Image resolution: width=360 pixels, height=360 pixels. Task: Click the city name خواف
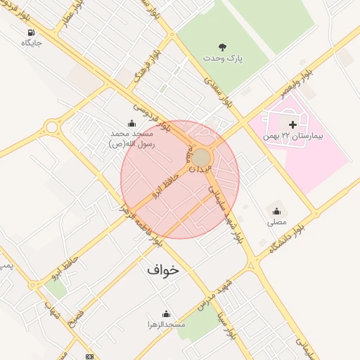tap(163, 269)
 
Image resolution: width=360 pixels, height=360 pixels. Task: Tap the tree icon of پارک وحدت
tap(223, 47)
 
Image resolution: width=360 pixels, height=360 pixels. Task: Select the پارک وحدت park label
tap(223, 58)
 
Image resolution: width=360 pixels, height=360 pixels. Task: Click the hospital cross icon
tap(292, 124)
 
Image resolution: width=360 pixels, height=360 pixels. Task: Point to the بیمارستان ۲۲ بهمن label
tap(292, 134)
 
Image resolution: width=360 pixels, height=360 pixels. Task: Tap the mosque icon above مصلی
tap(276, 211)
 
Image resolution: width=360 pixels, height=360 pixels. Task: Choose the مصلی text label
tap(276, 221)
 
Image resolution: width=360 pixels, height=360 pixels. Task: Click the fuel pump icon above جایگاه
tap(31, 33)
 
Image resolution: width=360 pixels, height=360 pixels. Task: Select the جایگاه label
tap(32, 44)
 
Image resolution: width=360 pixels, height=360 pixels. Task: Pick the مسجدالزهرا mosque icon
tap(166, 314)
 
